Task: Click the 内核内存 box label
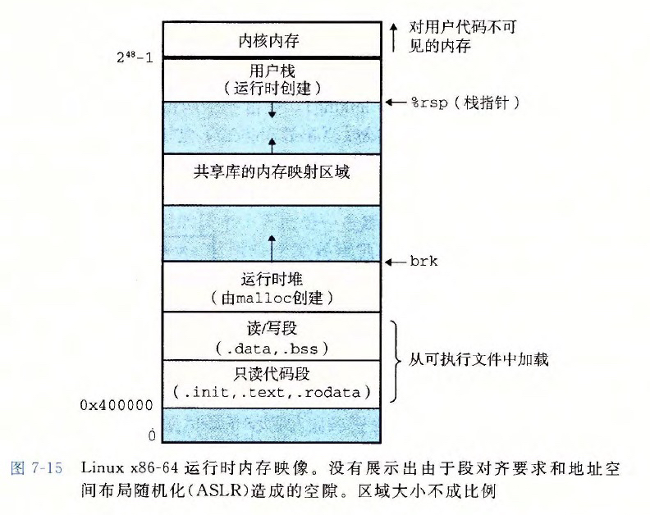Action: pos(268,41)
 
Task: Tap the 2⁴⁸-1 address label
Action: pos(135,57)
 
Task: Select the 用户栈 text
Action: pos(272,71)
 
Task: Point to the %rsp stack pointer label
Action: pos(465,103)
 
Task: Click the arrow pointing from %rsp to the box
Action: pos(396,102)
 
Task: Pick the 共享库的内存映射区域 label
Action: pos(272,171)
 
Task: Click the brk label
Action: pos(423,261)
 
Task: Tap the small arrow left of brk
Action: pos(396,262)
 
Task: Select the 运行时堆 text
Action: pos(272,280)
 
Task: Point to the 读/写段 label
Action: pos(272,328)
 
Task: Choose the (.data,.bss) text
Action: pos(272,348)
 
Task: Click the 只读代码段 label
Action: pos(272,374)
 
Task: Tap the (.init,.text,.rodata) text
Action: pos(272,392)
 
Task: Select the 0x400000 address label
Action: pos(117,405)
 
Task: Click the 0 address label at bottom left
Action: pos(152,435)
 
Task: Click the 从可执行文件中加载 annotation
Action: pos(478,360)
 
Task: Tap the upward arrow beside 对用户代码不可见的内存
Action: pos(394,37)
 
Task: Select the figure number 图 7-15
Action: pos(36,468)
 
